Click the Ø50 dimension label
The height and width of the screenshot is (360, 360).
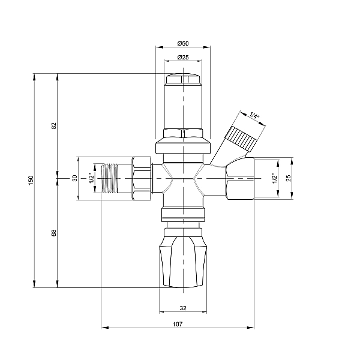click(x=183, y=43)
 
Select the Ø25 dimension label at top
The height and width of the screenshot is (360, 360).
click(x=183, y=57)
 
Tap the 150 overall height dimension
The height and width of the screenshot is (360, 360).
click(x=31, y=180)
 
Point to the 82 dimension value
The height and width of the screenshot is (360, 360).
click(x=54, y=126)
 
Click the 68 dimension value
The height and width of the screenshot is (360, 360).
click(x=54, y=233)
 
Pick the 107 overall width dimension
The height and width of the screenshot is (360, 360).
click(x=178, y=324)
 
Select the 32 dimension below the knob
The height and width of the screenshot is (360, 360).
click(x=183, y=308)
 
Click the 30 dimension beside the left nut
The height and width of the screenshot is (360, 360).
click(x=75, y=178)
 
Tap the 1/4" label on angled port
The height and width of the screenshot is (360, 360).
click(x=254, y=115)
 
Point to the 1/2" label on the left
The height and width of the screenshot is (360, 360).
click(x=91, y=178)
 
